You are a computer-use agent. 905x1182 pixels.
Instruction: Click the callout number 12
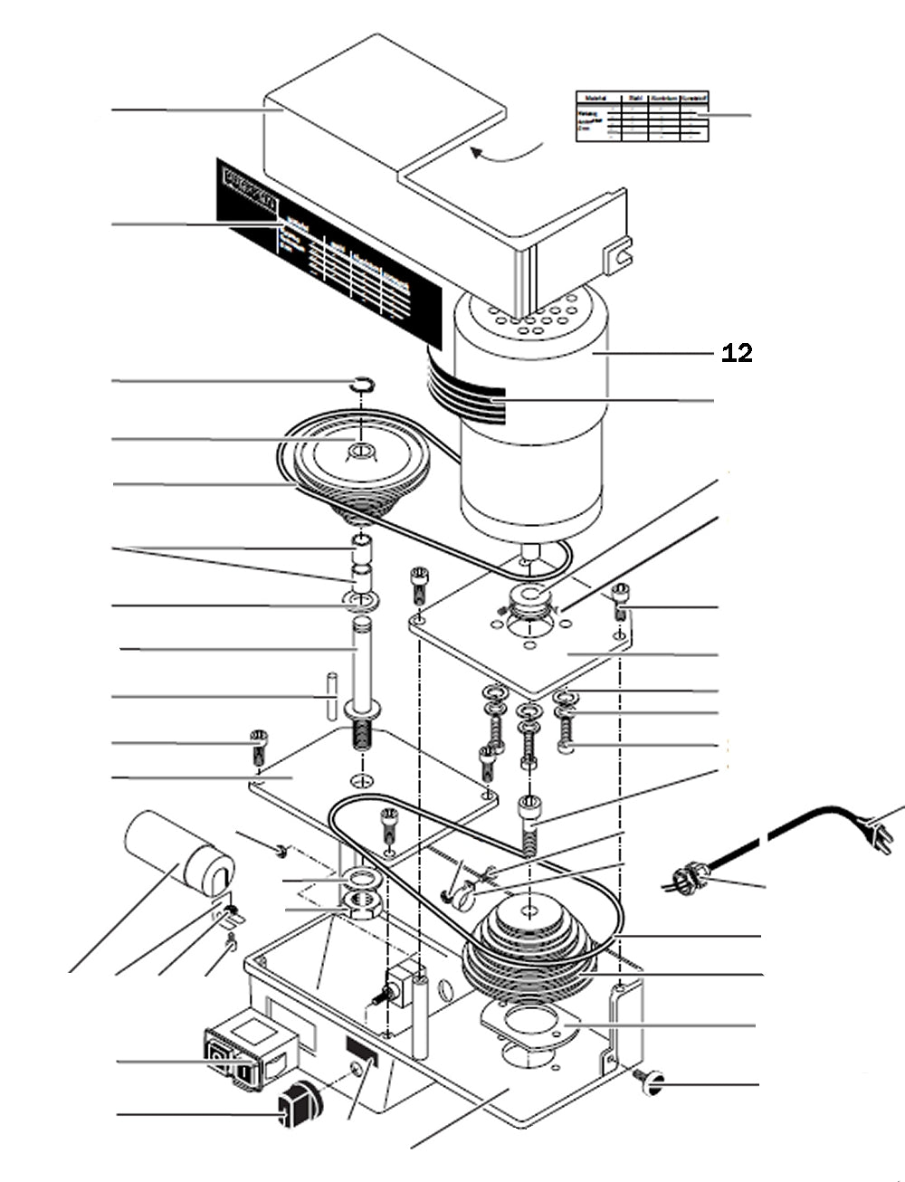click(737, 353)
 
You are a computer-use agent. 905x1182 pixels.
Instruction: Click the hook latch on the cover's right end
click(619, 254)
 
